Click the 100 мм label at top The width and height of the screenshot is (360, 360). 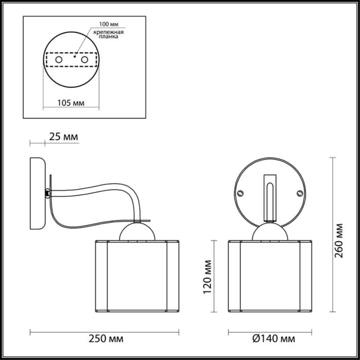tap(109, 24)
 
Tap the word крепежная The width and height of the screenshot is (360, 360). tap(109, 32)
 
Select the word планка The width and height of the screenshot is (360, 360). tap(109, 37)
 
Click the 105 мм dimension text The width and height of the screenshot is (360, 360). tap(71, 103)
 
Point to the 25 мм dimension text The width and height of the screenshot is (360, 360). tap(64, 137)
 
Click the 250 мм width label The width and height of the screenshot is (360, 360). tap(106, 339)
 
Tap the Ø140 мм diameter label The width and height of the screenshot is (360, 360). tap(274, 339)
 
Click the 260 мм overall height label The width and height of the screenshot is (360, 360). tap(339, 241)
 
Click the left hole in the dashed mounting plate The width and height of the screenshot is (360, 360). tap(59, 60)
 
